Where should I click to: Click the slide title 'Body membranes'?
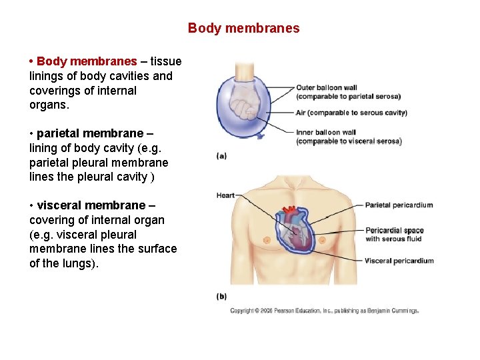pyautogui.click(x=243, y=29)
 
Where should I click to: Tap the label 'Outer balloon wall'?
pyautogui.click(x=327, y=87)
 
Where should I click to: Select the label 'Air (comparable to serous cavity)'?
pyautogui.click(x=351, y=113)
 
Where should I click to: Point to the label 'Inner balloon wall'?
pyautogui.click(x=326, y=133)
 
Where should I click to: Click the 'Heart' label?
pyautogui.click(x=225, y=195)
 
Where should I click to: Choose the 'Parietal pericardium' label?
pyautogui.click(x=399, y=205)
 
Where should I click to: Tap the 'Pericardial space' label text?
pyautogui.click(x=394, y=231)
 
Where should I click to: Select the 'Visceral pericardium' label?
pyautogui.click(x=399, y=261)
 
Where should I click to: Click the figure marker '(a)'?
pyautogui.click(x=221, y=156)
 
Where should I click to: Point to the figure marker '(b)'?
pyautogui.click(x=221, y=295)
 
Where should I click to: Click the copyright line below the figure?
pyautogui.click(x=324, y=311)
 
